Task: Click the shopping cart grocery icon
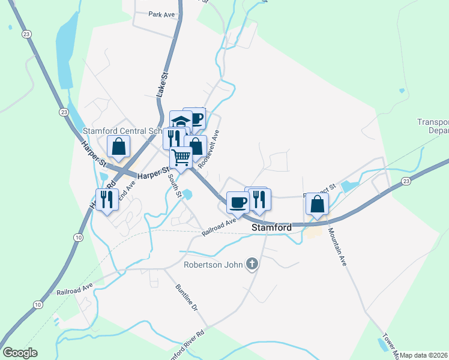click(181, 157)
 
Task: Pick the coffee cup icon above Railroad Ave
click(237, 202)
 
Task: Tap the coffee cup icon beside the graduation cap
click(196, 118)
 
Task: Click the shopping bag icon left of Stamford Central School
click(119, 146)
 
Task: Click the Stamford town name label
click(271, 228)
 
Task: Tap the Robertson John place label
click(214, 263)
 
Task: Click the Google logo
click(20, 353)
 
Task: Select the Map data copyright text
click(424, 355)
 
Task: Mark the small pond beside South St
click(188, 194)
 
